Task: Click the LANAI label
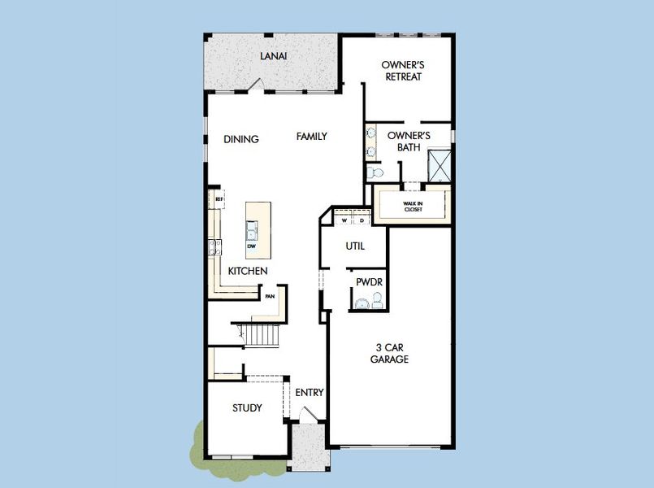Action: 273,56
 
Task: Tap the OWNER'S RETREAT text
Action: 403,71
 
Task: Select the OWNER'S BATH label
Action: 408,142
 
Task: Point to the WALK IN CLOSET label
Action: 414,207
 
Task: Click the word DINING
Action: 241,139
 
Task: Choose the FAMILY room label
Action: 311,137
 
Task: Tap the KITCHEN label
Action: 248,271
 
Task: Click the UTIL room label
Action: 355,246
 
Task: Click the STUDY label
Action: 247,407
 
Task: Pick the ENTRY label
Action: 310,393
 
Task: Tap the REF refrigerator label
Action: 219,198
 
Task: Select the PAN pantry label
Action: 270,297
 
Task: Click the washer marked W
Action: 344,220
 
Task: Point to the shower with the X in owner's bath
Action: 440,165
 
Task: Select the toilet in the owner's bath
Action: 375,173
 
